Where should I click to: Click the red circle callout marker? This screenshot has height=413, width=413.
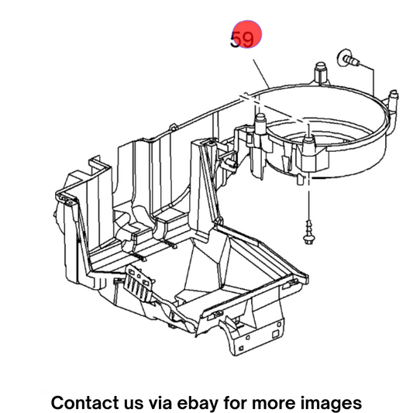pyautogui.click(x=247, y=34)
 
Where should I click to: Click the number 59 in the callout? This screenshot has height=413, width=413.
pyautogui.click(x=242, y=40)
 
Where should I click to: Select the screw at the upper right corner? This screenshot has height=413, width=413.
pyautogui.click(x=348, y=58)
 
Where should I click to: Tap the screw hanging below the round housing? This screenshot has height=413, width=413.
pyautogui.click(x=309, y=232)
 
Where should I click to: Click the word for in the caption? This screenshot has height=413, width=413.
pyautogui.click(x=236, y=402)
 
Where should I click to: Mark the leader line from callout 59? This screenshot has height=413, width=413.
pyautogui.click(x=261, y=74)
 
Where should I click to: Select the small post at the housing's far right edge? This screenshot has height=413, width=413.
pyautogui.click(x=394, y=98)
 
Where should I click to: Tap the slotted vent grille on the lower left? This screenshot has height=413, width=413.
pyautogui.click(x=139, y=283)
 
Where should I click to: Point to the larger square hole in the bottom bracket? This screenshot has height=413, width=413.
pyautogui.click(x=275, y=334)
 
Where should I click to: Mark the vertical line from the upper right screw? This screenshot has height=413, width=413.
pyautogui.click(x=373, y=81)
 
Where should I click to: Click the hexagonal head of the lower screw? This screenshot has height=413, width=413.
pyautogui.click(x=309, y=239)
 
